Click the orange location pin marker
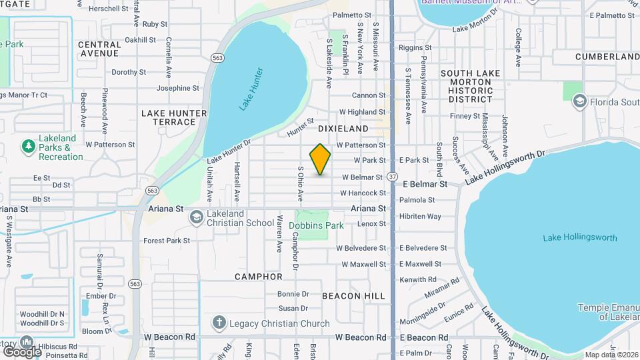(x=321, y=159)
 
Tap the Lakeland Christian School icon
(x=197, y=217)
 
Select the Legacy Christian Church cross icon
(x=219, y=323)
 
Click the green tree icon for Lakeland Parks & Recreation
(x=28, y=146)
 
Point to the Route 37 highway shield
(x=393, y=177)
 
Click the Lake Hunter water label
(x=251, y=89)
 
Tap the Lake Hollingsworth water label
(x=579, y=237)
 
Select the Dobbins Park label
(x=317, y=225)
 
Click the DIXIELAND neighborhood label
(x=343, y=128)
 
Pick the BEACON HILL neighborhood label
(x=353, y=295)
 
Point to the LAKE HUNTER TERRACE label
(x=169, y=117)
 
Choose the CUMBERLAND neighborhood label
(x=607, y=57)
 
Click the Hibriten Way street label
(x=420, y=216)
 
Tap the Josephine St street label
(x=177, y=88)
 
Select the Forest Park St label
(x=167, y=241)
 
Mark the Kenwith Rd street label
(x=418, y=279)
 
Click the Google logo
(x=21, y=351)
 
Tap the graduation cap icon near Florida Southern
(x=579, y=101)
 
